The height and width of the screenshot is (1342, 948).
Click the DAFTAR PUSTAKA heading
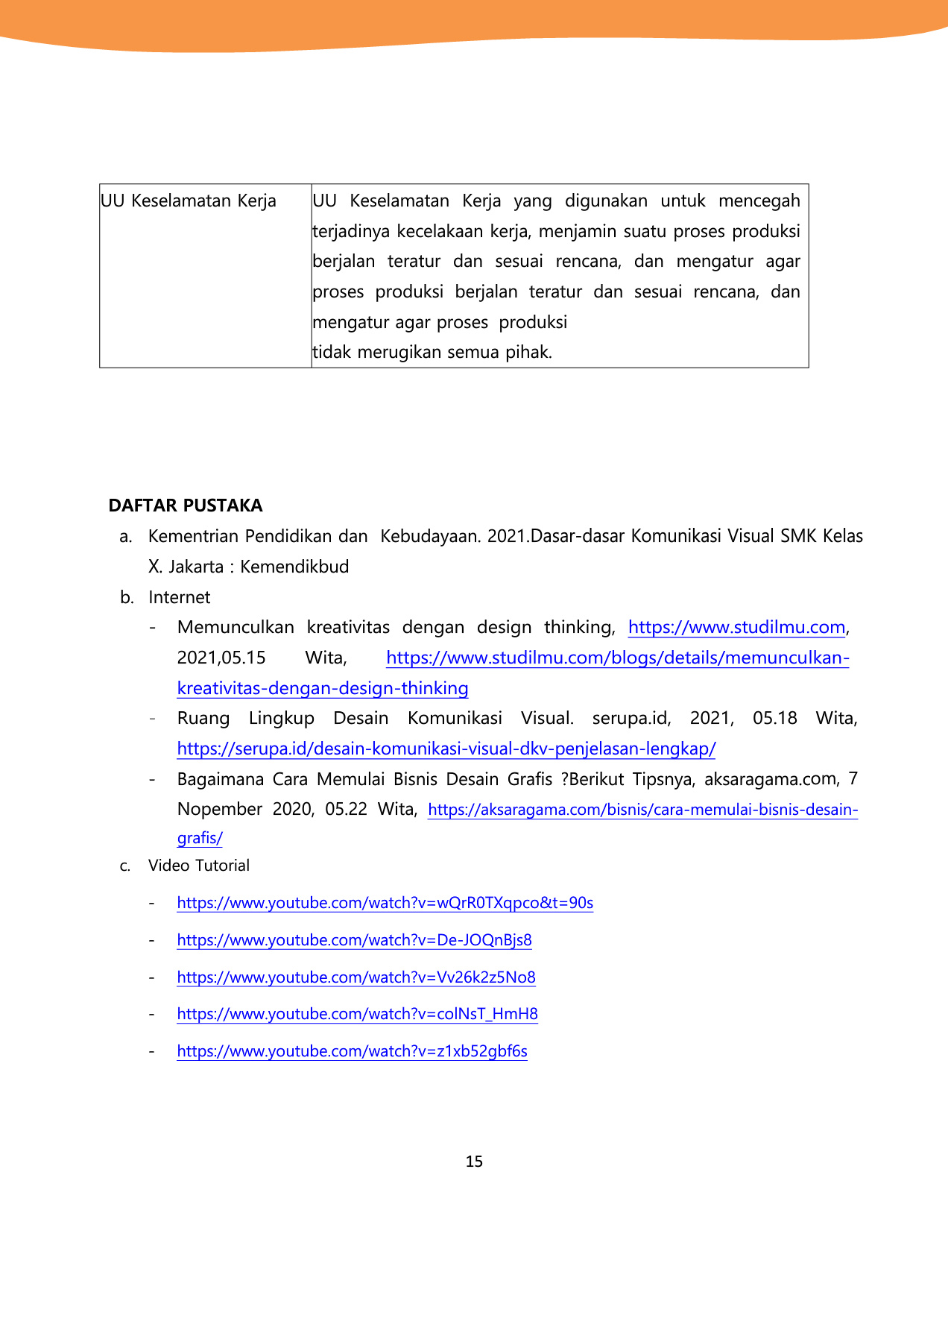point(186,505)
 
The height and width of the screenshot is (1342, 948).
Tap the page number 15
point(474,1162)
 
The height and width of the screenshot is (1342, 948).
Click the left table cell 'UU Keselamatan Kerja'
point(189,201)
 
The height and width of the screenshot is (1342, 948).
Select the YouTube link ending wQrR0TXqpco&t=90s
point(385,903)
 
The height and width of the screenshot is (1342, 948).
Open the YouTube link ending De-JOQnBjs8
point(354,940)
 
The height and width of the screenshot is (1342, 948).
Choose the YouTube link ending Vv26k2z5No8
point(356,977)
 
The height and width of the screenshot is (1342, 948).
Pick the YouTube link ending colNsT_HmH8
point(357,1014)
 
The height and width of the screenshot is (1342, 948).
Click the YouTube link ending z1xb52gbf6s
point(352,1051)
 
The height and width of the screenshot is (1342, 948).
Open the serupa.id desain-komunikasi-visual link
point(446,749)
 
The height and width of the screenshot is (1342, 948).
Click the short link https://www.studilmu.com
point(736,628)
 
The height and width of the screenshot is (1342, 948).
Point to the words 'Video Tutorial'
point(199,866)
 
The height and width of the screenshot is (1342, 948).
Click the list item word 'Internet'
point(180,597)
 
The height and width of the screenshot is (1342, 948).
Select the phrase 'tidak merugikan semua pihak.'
point(432,353)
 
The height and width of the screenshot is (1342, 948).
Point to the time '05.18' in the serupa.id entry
point(774,719)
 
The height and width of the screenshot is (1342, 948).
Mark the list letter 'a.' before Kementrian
point(126,537)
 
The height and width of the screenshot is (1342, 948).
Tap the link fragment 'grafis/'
point(200,838)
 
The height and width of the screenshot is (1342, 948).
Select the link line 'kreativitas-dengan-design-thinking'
point(323,688)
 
